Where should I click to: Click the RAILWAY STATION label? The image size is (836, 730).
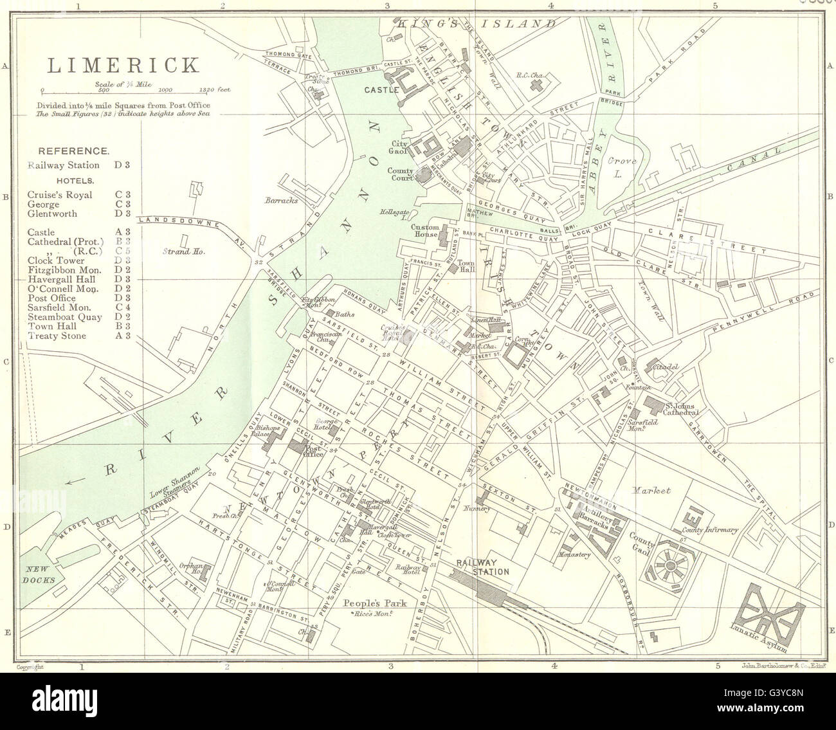[x=483, y=566]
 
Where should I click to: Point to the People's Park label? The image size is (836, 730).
[x=371, y=603]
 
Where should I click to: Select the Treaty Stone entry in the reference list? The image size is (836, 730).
[x=57, y=336]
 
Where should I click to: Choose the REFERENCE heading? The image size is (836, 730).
[x=73, y=151]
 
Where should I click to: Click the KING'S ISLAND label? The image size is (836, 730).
[x=476, y=24]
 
